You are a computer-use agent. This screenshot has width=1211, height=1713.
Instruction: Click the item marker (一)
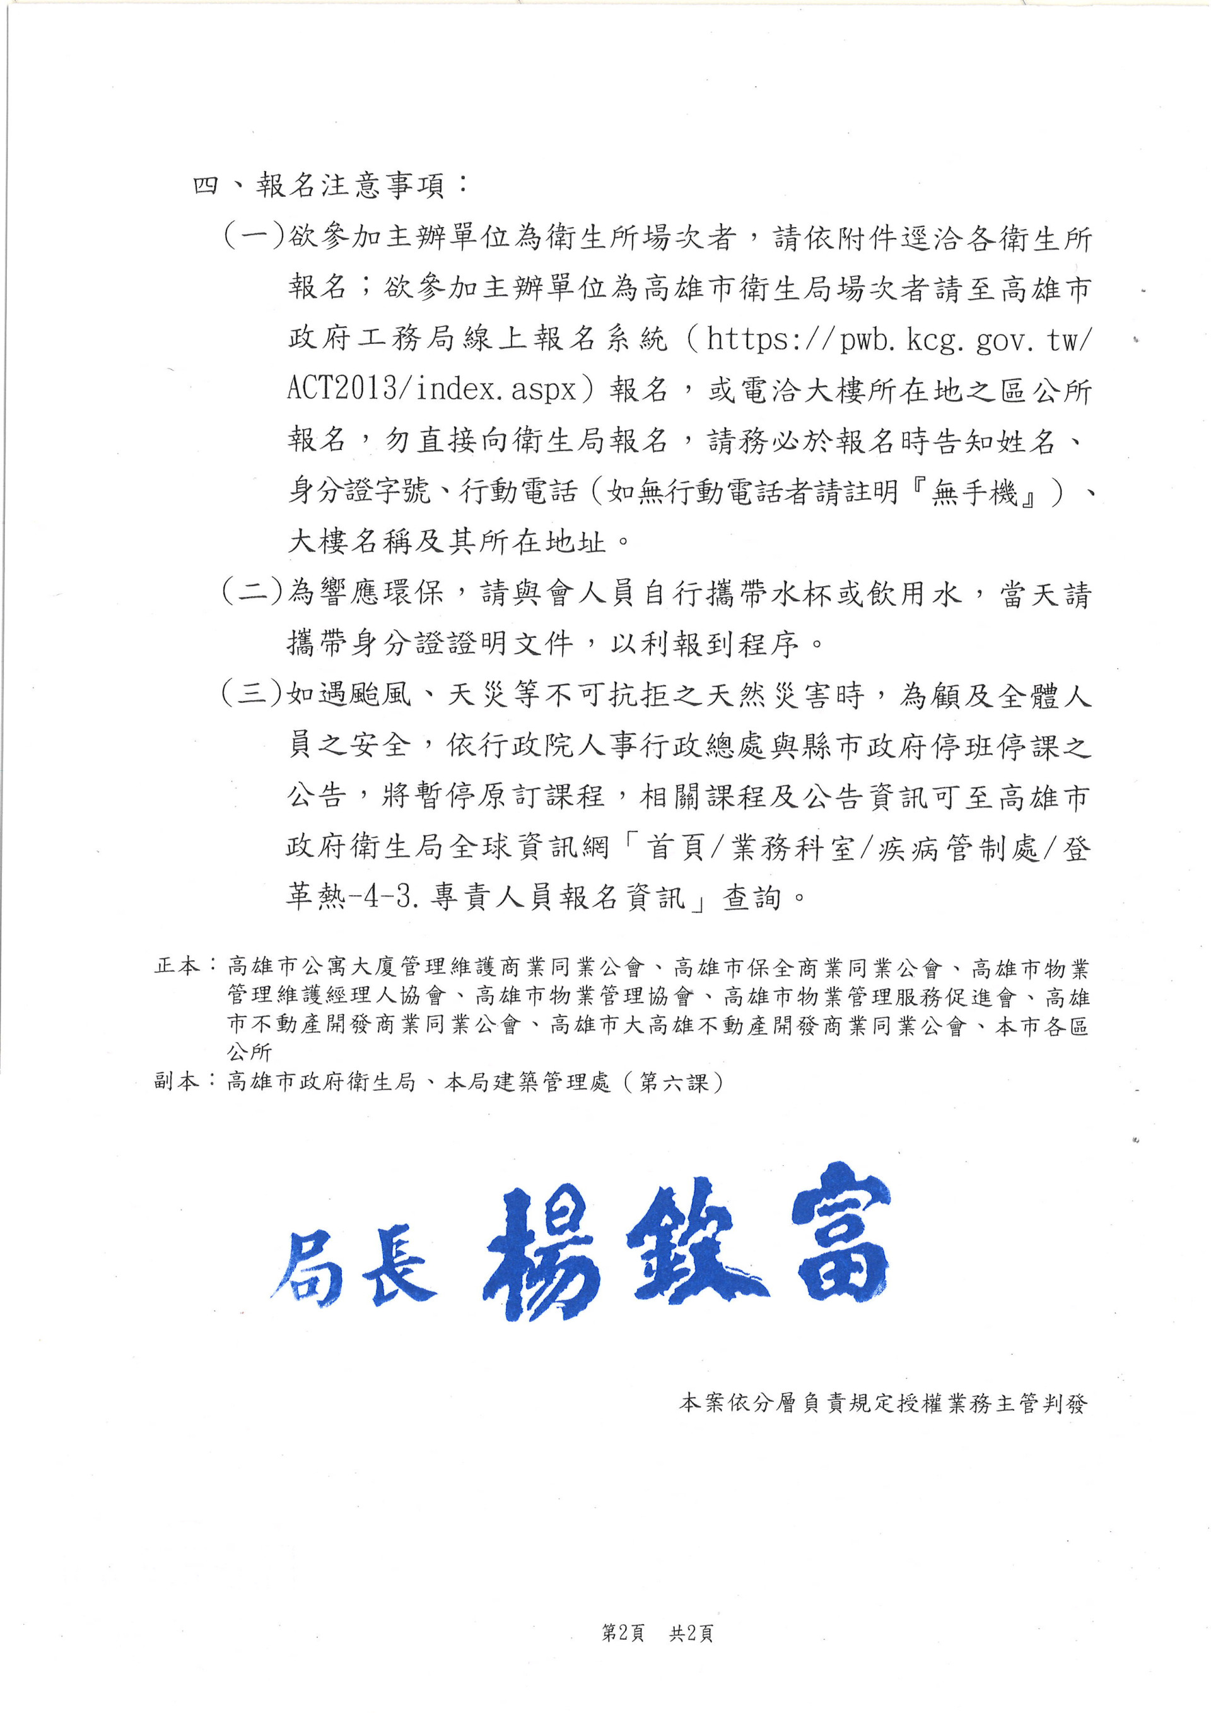(254, 237)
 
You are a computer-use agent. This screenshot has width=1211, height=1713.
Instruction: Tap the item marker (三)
(254, 693)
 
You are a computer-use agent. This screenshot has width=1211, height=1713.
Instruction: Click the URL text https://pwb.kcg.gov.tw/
(899, 340)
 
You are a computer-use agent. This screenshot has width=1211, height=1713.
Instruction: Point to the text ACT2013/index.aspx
(433, 389)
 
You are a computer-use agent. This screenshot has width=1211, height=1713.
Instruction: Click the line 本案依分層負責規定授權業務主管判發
(883, 1403)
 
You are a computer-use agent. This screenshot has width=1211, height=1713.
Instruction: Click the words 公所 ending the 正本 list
(250, 1052)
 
